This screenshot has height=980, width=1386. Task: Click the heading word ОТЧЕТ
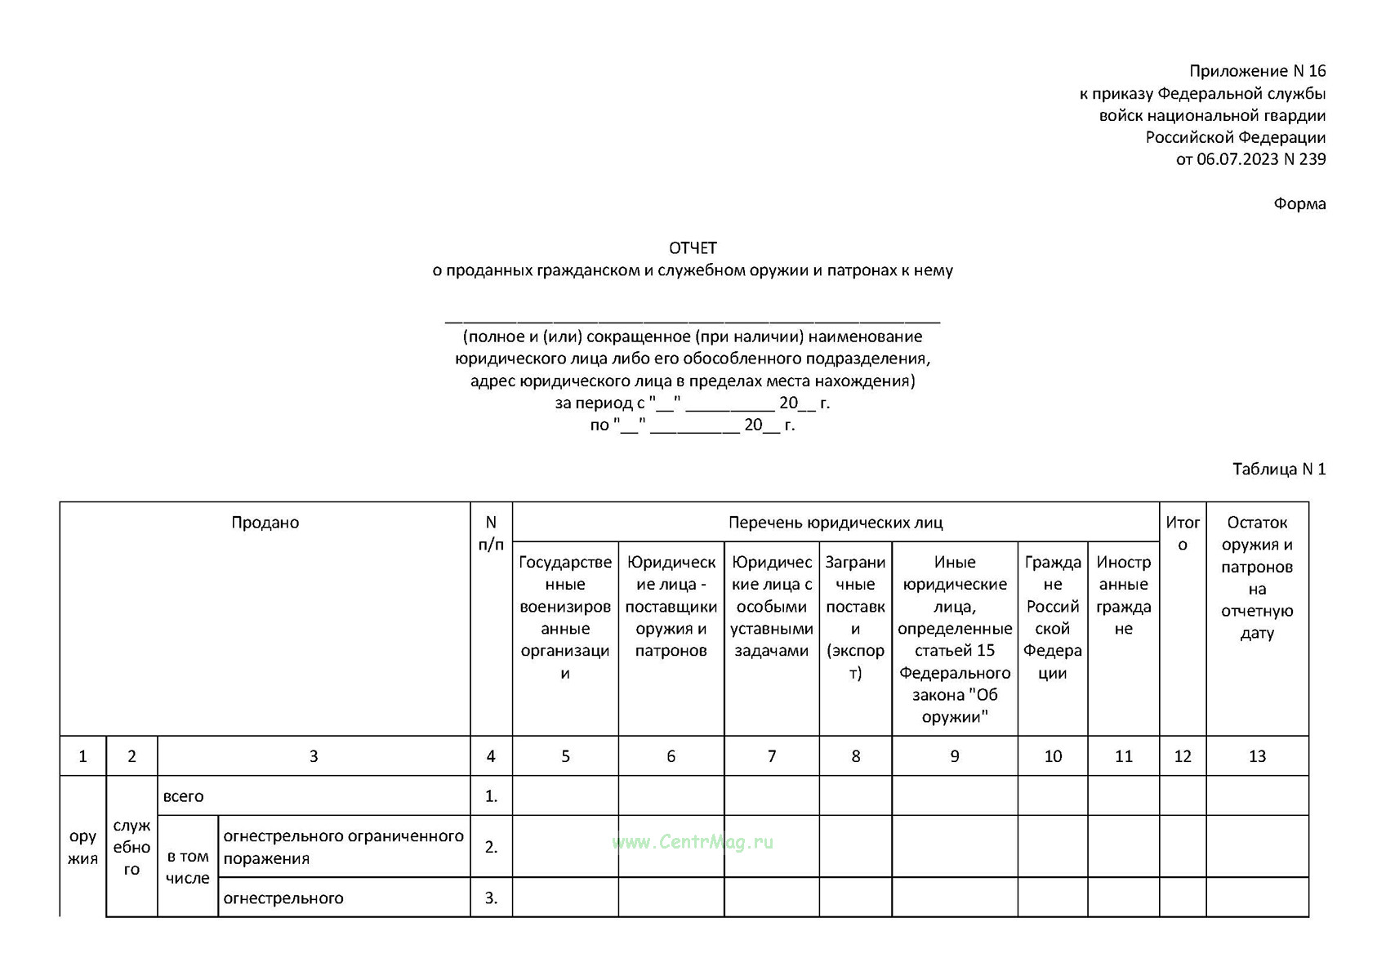click(693, 247)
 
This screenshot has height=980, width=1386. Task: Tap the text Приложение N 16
click(1257, 71)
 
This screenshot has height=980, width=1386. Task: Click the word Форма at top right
click(1299, 203)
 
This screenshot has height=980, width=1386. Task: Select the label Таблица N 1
click(1278, 469)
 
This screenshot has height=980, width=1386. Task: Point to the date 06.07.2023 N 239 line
click(1250, 159)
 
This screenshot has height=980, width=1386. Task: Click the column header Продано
click(265, 523)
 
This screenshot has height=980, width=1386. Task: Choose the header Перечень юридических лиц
click(835, 523)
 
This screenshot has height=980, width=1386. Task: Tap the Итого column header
click(1182, 533)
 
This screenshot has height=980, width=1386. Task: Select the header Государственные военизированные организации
click(564, 617)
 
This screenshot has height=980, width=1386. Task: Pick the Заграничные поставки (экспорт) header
click(855, 617)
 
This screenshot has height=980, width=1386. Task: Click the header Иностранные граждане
click(1123, 595)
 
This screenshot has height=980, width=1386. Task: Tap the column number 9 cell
click(954, 756)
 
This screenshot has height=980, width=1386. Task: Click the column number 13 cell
click(1256, 756)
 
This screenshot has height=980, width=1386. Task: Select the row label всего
click(184, 796)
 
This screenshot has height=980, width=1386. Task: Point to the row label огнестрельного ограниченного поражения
click(343, 847)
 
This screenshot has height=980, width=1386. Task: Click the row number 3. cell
click(491, 898)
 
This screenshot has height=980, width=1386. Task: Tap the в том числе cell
click(188, 866)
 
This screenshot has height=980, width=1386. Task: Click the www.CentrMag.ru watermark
click(692, 842)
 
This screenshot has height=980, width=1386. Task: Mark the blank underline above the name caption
click(693, 321)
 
